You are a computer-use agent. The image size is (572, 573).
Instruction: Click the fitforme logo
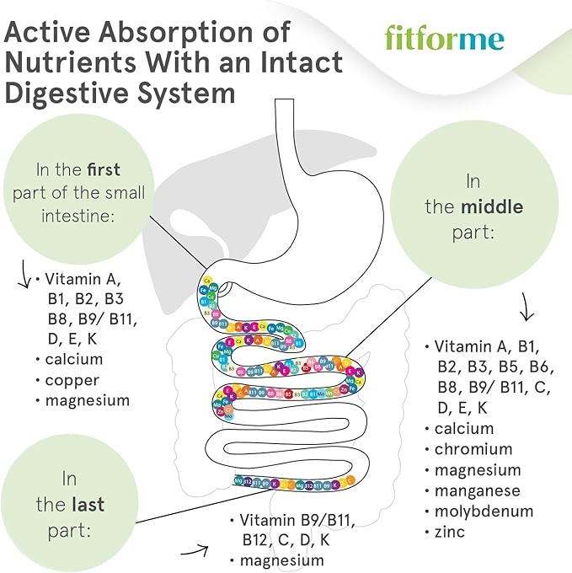coord(444,37)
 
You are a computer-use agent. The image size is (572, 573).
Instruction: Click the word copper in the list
coord(72,380)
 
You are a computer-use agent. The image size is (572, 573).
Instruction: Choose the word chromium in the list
coord(473,449)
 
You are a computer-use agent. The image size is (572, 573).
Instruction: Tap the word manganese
coord(478,490)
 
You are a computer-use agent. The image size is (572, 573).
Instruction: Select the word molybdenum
coord(484,511)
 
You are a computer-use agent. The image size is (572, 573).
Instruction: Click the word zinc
coord(450,531)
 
